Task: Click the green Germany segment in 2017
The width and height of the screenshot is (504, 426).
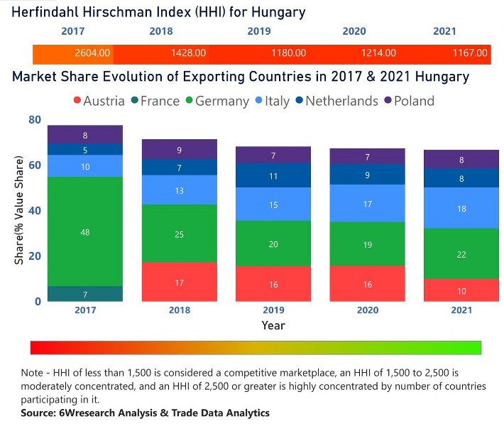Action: (x=85, y=231)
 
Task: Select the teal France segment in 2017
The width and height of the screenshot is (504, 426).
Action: (x=85, y=294)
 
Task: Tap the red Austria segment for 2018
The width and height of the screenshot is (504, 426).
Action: (x=179, y=282)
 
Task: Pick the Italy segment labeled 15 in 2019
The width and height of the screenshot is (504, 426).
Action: (x=273, y=204)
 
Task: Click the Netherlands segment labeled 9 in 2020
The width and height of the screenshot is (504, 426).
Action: (x=368, y=175)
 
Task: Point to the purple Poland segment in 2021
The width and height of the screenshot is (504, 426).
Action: (x=462, y=160)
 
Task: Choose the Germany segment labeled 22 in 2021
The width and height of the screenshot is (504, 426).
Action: (x=462, y=254)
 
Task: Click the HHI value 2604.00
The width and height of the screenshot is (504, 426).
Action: (x=93, y=53)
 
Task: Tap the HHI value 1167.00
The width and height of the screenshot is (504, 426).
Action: (x=471, y=53)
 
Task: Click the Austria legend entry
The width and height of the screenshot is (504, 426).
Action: (x=99, y=101)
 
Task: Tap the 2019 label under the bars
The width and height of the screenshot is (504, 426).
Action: (x=273, y=311)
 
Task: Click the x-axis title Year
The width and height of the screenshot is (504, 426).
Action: (x=273, y=325)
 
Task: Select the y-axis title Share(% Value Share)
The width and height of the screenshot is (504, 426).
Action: (x=19, y=211)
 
